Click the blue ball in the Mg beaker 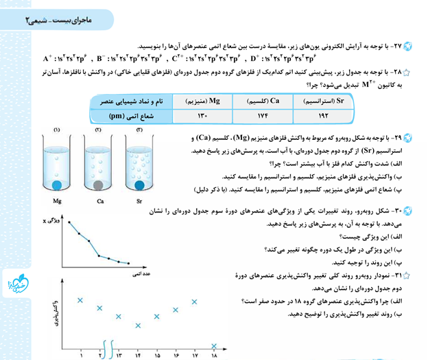pos(58,184)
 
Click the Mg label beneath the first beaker pos(58,202)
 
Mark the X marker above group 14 pos(138,325)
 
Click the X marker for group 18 pos(215,346)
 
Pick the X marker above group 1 pos(81,300)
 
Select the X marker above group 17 pos(195,300)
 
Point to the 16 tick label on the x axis pos(176,355)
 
